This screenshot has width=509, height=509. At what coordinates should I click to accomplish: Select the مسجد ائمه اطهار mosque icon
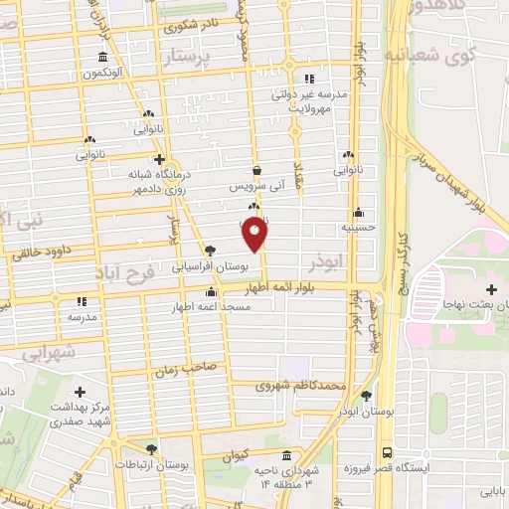click(211, 292)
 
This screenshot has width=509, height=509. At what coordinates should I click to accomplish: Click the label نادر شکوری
click(199, 30)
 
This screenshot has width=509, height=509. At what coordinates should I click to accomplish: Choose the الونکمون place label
click(102, 73)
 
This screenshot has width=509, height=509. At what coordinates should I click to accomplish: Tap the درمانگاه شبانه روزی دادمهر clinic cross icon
click(159, 159)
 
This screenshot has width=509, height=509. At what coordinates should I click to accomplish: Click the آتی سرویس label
click(255, 185)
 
